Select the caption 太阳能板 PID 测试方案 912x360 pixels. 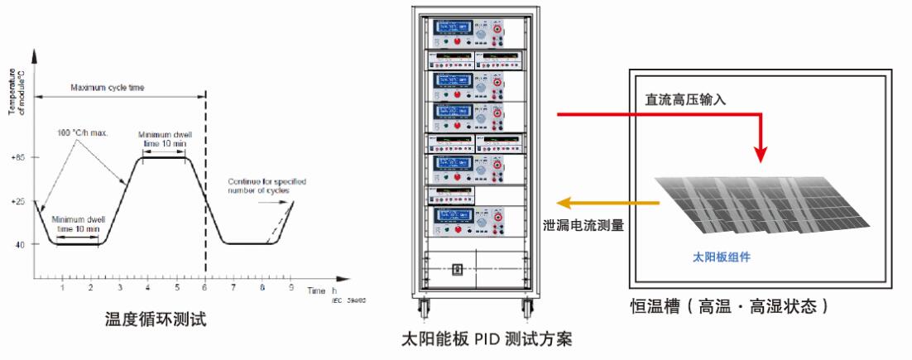(487, 340)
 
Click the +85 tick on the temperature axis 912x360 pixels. (17, 157)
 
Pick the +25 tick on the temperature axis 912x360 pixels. (17, 201)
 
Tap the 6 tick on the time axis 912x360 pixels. (204, 286)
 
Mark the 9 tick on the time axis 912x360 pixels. (290, 286)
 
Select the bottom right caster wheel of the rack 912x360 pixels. (526, 311)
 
